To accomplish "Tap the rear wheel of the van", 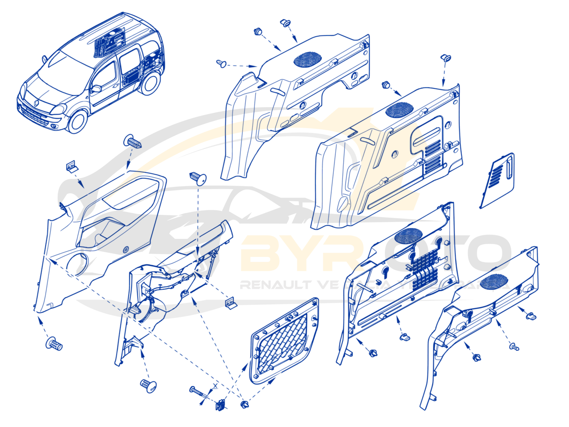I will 150,83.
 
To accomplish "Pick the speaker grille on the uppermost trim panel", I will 308,59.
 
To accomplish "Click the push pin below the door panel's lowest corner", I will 54,344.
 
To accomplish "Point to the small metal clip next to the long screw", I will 220,405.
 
